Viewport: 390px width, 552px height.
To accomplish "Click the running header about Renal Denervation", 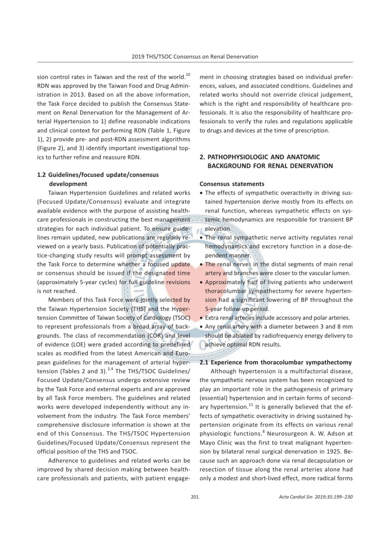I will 195,56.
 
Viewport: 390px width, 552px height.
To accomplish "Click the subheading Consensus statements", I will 232,184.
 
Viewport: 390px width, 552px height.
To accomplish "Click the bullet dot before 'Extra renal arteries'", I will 202,319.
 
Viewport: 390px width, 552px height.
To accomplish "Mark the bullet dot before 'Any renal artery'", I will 202,327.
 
